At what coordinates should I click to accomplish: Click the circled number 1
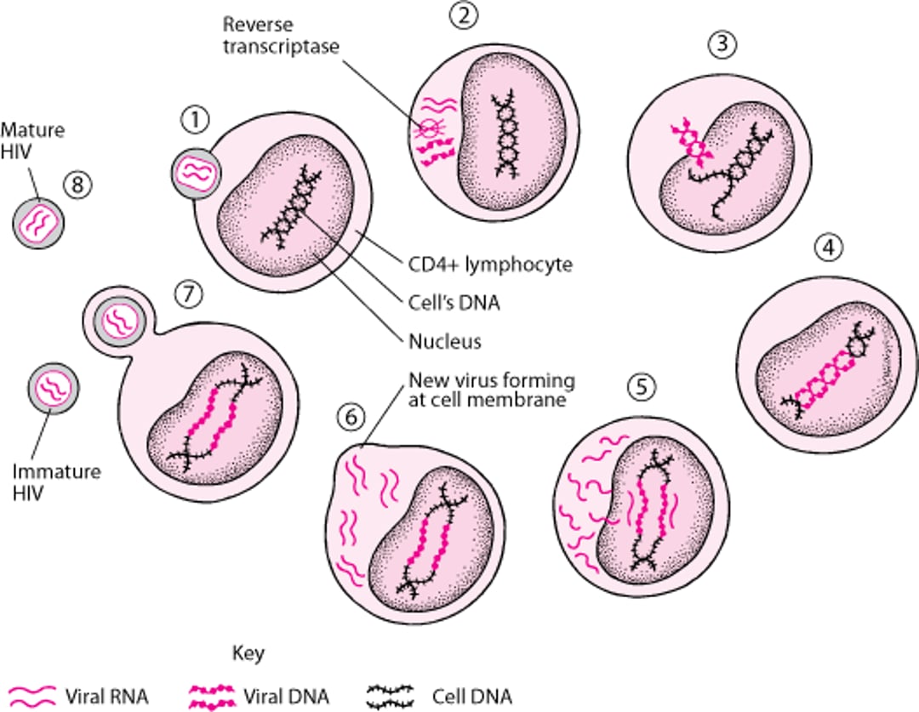(196, 122)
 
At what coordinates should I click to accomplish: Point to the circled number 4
(829, 247)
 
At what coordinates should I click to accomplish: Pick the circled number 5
(641, 387)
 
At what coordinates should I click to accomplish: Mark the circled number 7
(188, 293)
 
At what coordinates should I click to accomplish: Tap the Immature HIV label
(46, 482)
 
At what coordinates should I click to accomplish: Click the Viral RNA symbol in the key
(31, 697)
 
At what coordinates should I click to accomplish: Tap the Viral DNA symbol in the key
(208, 697)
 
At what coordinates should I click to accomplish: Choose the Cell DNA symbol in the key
(391, 697)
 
